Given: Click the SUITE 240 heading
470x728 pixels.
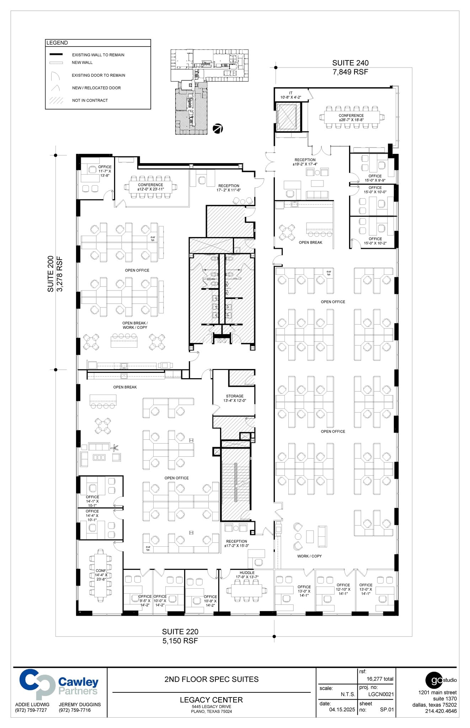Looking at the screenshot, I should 350,63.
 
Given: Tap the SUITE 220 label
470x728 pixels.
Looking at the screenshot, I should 180,632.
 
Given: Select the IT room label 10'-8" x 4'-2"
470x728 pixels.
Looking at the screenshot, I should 290,95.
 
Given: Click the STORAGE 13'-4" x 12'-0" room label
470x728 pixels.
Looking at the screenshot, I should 235,398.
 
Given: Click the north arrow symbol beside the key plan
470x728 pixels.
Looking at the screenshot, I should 218,129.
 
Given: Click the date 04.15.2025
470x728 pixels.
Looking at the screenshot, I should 342,710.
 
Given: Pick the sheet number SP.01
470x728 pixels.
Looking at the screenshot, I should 387,710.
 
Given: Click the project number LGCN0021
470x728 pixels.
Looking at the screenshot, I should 381,694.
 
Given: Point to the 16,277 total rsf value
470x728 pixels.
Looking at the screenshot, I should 380,679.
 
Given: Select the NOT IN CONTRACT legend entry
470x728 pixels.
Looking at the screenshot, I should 90,101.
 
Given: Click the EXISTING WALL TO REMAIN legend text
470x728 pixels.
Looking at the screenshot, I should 98,55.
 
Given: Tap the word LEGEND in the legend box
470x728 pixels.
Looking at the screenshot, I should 57,43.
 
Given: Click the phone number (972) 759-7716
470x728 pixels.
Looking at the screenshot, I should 75,710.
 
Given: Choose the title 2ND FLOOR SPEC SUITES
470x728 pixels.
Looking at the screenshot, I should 211,679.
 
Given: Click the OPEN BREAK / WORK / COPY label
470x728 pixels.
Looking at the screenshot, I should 135,325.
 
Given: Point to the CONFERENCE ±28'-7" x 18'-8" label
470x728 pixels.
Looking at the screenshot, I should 351,118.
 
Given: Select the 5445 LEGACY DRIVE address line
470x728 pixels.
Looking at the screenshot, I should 211,707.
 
